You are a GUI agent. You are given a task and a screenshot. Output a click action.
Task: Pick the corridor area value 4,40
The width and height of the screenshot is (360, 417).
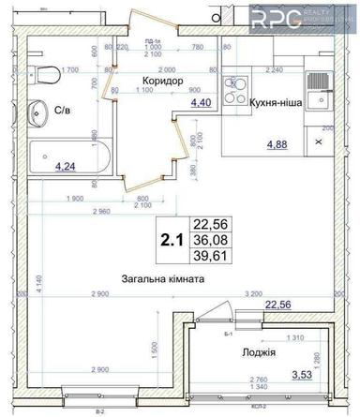click(x=200, y=103)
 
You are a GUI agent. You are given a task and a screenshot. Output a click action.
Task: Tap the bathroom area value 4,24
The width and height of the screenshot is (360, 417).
click(x=66, y=167)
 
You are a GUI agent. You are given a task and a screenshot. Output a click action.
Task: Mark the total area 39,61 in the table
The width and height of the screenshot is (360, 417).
click(x=210, y=257)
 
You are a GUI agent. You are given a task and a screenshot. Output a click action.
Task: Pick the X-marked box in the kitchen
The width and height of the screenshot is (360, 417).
click(x=318, y=140)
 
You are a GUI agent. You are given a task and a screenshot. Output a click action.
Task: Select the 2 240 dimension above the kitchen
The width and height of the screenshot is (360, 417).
click(x=275, y=68)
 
